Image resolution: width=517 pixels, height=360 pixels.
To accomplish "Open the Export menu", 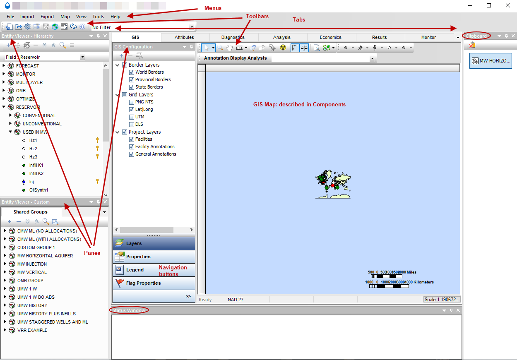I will click(x=47, y=17).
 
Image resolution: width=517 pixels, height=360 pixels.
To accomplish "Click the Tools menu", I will click(x=98, y=17).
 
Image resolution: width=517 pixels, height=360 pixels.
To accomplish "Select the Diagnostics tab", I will click(x=233, y=37).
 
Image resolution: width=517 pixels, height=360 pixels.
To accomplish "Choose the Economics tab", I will click(x=330, y=37).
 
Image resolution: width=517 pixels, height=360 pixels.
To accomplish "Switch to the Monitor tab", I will click(x=428, y=37).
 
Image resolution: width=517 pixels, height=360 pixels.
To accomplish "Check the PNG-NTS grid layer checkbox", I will click(x=132, y=102).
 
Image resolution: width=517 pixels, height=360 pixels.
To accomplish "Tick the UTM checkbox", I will click(x=132, y=117).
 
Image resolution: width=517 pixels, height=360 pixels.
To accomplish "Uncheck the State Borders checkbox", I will click(x=132, y=87).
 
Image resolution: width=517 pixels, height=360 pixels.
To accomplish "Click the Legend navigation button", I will click(x=135, y=270).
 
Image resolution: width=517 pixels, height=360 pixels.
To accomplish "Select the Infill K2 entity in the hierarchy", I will click(x=36, y=173).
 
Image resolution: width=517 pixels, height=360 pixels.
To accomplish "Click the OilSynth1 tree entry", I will click(x=38, y=190).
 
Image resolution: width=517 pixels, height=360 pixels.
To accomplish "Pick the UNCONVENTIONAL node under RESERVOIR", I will click(x=42, y=124).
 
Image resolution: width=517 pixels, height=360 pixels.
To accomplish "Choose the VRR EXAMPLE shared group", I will click(x=32, y=330).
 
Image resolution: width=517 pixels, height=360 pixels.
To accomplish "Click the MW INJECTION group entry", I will click(x=32, y=264).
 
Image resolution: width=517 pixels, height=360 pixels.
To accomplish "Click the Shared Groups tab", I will click(x=30, y=212).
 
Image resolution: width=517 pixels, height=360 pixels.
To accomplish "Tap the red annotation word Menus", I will click(x=213, y=8).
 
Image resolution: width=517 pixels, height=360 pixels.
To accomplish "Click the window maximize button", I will click(x=489, y=5).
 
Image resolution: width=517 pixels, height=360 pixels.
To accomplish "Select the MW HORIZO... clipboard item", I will click(x=491, y=61).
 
